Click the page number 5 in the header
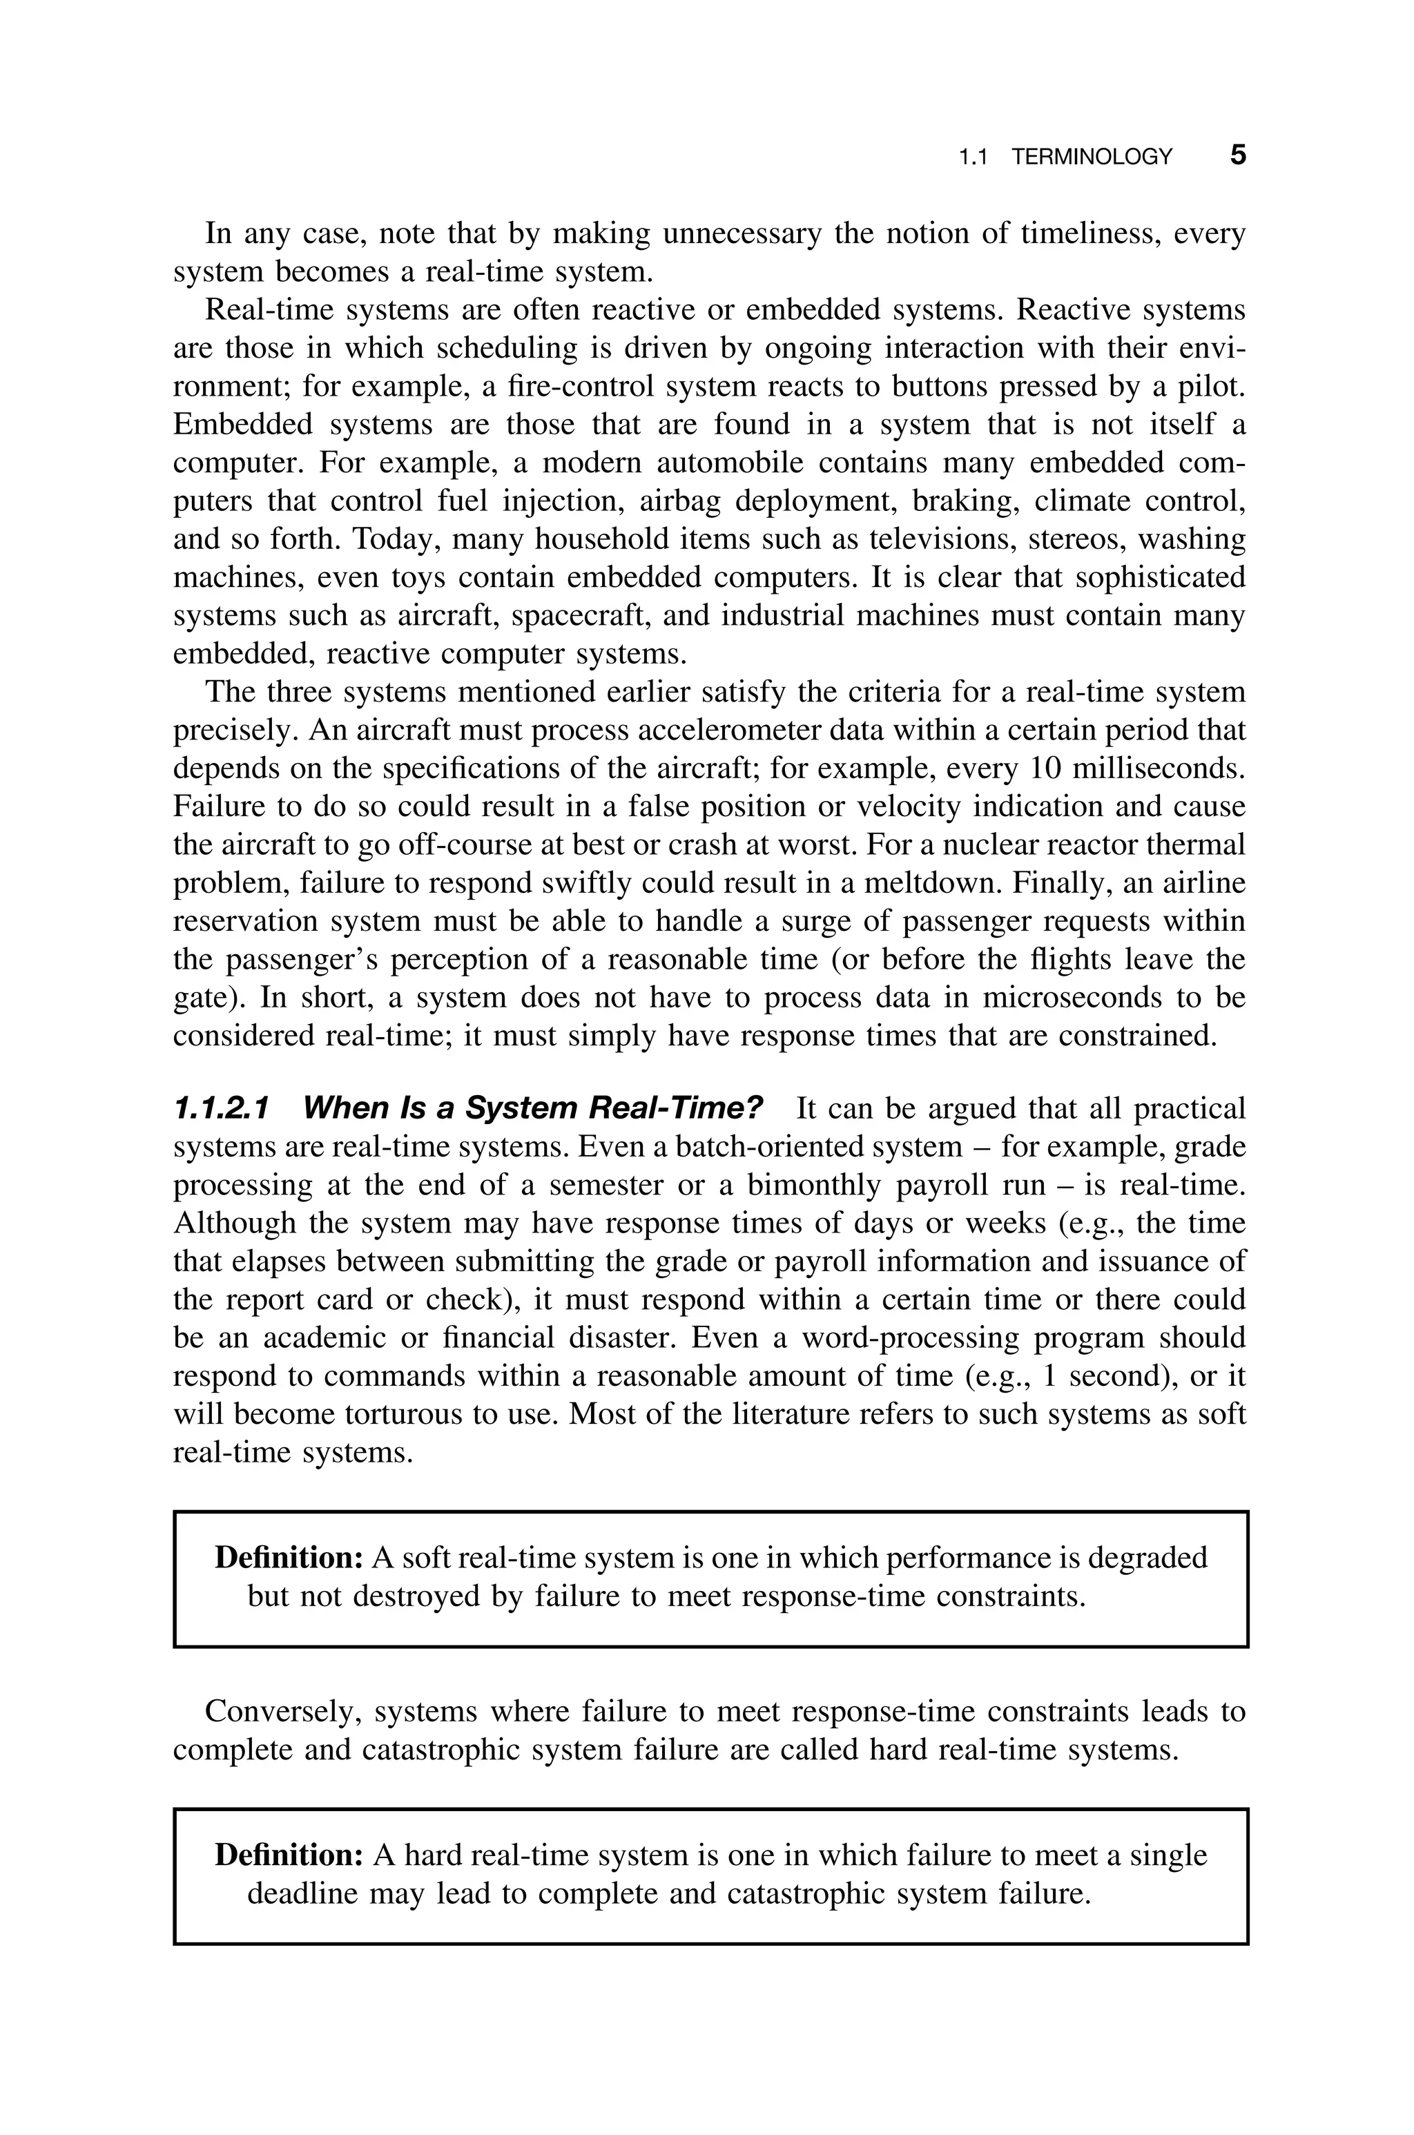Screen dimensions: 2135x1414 tap(1237, 155)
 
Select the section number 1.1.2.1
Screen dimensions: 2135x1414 tap(221, 1108)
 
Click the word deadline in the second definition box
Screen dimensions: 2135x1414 tap(303, 1893)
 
